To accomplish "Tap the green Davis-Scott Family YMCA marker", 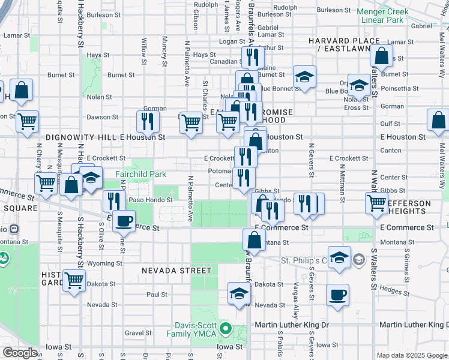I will [x=226, y=328].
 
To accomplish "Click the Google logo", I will [x=20, y=353].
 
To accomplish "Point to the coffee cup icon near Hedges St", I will [x=337, y=295].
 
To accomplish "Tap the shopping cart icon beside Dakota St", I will [x=74, y=279].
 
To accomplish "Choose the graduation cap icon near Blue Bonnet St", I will [x=304, y=77].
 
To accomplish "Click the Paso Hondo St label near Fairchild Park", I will [x=151, y=200].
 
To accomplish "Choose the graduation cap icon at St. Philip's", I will [x=339, y=257].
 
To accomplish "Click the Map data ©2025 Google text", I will [x=412, y=355].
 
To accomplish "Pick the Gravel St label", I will [x=137, y=332].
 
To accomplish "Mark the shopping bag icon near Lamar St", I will [x=382, y=58].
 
